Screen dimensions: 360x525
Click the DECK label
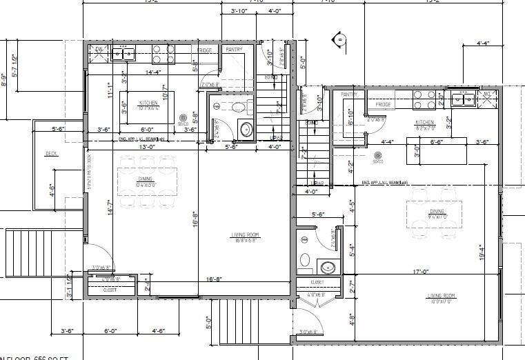51,154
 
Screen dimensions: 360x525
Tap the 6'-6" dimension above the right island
436,141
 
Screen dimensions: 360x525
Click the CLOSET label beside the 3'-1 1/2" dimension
110,290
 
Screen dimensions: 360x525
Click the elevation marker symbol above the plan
339,39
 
